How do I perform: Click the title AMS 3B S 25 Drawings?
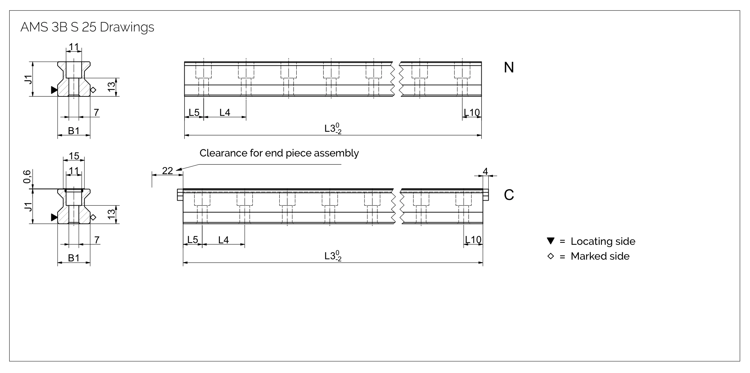point(87,27)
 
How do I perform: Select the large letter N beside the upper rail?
point(508,67)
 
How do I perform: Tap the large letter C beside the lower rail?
point(508,195)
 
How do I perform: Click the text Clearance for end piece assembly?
point(279,153)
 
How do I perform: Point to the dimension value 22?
point(167,171)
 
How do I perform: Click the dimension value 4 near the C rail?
point(485,171)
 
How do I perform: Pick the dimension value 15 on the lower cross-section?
point(74,156)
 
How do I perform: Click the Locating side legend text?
point(603,241)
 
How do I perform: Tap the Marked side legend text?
point(600,256)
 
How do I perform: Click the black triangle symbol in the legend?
point(550,241)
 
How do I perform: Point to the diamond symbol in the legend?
point(550,256)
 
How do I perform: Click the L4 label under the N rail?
point(225,112)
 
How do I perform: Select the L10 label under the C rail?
point(473,240)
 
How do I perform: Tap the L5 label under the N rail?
point(194,112)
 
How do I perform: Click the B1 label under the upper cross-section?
point(74,131)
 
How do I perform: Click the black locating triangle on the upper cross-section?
point(54,90)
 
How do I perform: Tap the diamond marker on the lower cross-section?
point(93,217)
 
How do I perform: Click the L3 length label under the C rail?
point(333,256)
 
